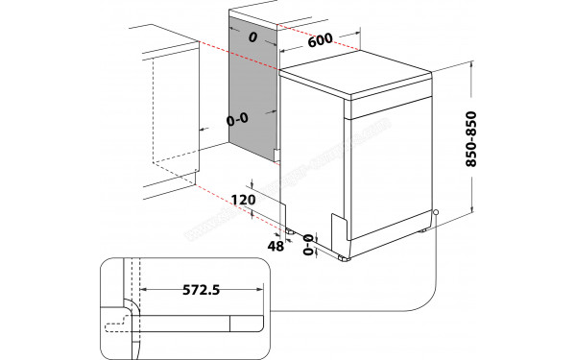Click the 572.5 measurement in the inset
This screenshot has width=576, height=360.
[201, 289]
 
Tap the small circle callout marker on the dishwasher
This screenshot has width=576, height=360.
[436, 214]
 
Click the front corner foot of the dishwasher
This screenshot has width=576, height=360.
[345, 257]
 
